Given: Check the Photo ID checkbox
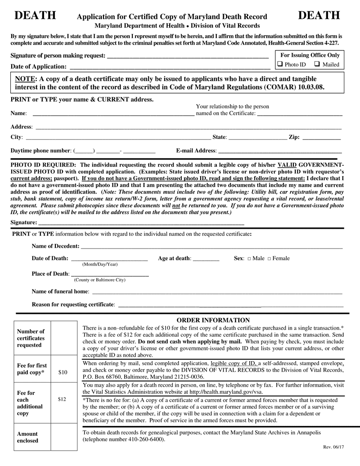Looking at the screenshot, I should pyautogui.click(x=280, y=64).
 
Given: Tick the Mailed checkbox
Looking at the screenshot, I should pyautogui.click(x=317, y=64).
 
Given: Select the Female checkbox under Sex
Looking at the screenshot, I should pyautogui.click(x=269, y=259).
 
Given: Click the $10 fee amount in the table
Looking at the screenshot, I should pyautogui.click(x=63, y=372).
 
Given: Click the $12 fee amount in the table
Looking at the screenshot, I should pyautogui.click(x=63, y=399).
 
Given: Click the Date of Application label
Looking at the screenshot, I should pyautogui.click(x=39, y=67).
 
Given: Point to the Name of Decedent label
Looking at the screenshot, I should pyautogui.click(x=55, y=246).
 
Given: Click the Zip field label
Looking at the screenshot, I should pyautogui.click(x=294, y=137).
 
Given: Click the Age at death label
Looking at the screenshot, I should pyautogui.click(x=175, y=258).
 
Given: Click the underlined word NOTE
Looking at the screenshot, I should pyautogui.click(x=25, y=78).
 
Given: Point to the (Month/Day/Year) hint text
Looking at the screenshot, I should pyautogui.click(x=99, y=264).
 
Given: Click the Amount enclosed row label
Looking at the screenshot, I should pyautogui.click(x=27, y=437).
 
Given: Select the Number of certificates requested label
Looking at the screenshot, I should pyautogui.click(x=31, y=338).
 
